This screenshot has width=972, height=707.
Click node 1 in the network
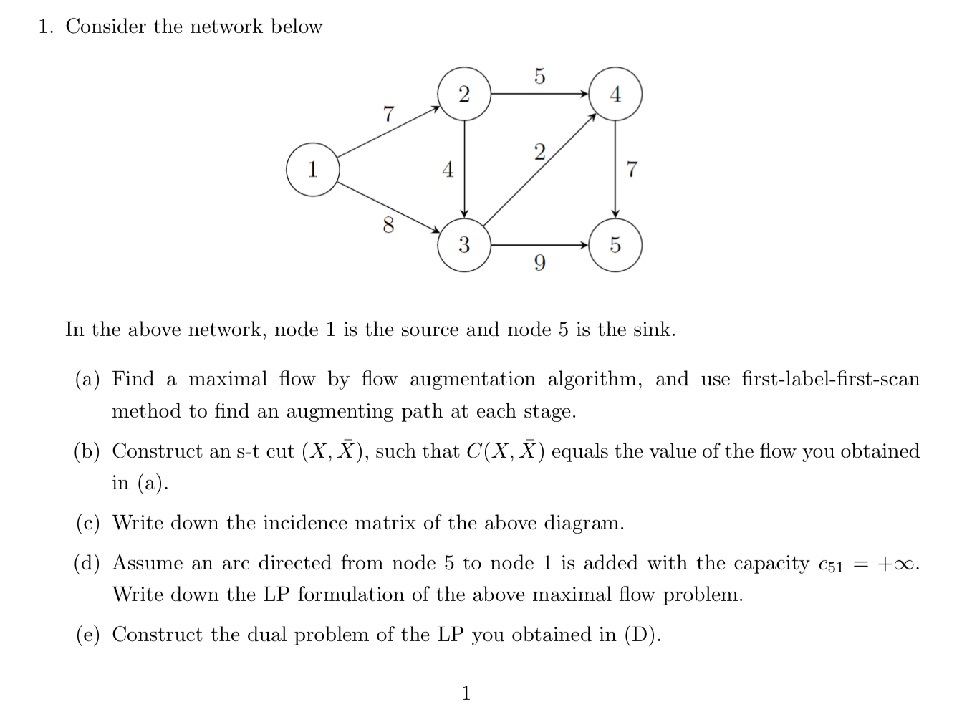[x=312, y=170]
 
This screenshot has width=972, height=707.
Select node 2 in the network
[x=464, y=94]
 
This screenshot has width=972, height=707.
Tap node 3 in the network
[x=464, y=245]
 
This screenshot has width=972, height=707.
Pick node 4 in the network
[x=615, y=94]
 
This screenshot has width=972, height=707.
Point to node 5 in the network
[x=615, y=245]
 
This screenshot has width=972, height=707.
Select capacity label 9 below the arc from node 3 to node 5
[x=539, y=264]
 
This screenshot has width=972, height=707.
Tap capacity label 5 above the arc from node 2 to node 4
[x=539, y=75]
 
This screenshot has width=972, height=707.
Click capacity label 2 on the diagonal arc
[x=539, y=151]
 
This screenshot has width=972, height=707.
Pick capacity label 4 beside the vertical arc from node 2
[x=448, y=170]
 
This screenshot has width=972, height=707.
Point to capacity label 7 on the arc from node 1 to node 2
[x=388, y=113]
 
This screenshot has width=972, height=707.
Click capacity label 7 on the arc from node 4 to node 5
[x=631, y=170]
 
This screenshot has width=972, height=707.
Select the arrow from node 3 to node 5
[x=539, y=245]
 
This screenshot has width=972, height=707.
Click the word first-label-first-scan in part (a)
[x=830, y=379]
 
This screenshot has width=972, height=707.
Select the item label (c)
[x=88, y=524]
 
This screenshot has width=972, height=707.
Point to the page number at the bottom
[x=466, y=693]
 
